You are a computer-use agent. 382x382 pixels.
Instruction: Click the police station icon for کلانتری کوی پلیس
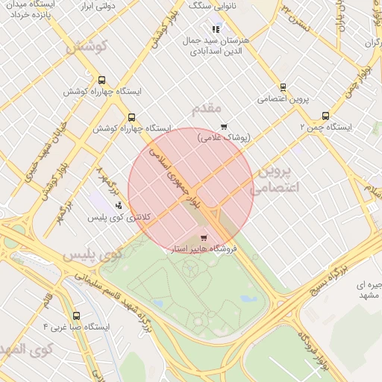[x=118, y=205]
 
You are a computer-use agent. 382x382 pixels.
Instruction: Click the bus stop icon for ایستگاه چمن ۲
[x=325, y=116]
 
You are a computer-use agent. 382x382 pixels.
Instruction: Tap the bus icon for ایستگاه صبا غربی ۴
[x=77, y=316]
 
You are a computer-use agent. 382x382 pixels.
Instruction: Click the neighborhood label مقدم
[x=207, y=110]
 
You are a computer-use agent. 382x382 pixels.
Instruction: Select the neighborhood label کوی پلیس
[x=92, y=254]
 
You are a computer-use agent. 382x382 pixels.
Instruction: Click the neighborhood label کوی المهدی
[x=27, y=348]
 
